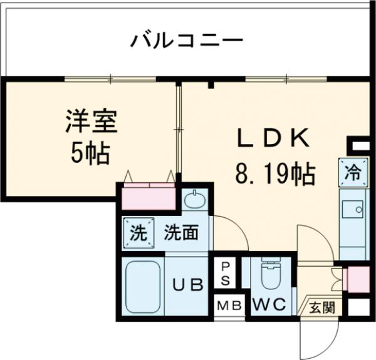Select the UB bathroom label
pos(188,285)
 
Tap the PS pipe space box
pos(224,272)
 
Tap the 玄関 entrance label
pos(321,307)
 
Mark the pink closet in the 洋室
pos(149,197)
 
